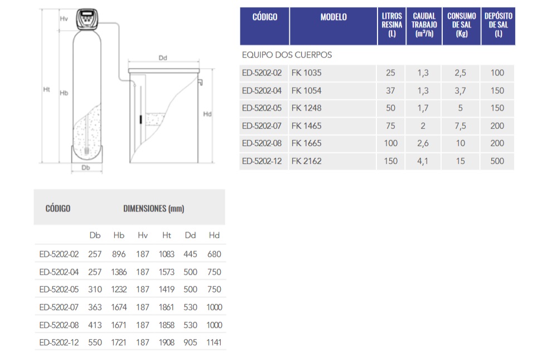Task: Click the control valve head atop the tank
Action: point(88,19)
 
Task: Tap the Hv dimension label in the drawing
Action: point(64,18)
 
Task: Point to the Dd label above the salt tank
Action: point(163,58)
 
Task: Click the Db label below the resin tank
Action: point(86,167)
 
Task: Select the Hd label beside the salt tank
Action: point(207,114)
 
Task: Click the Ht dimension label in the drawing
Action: point(47,89)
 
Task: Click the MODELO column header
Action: point(333,17)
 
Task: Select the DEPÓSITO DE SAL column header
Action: point(499,25)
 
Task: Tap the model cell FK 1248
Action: point(307,108)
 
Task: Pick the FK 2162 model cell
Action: point(307,161)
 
